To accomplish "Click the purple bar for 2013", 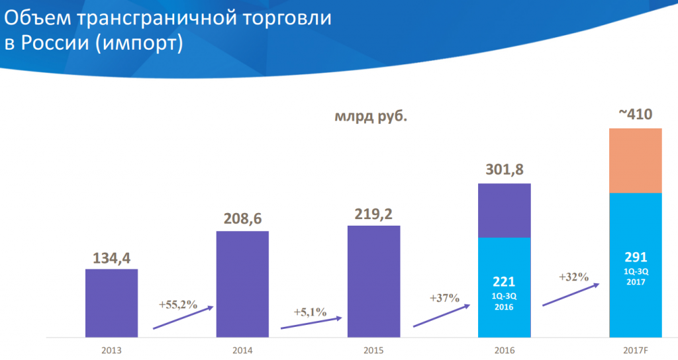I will pyautogui.click(x=111, y=302).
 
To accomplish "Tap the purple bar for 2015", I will pyautogui.click(x=373, y=281).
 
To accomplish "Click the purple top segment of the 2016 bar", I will pyautogui.click(x=504, y=210).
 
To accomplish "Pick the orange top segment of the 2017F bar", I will pyautogui.click(x=635, y=160).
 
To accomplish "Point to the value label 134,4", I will pyautogui.click(x=111, y=257).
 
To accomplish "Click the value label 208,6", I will pyautogui.click(x=242, y=219).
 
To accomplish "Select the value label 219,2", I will pyautogui.click(x=373, y=214).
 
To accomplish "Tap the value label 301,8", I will pyautogui.click(x=504, y=171).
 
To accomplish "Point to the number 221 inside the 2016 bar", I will pyautogui.click(x=504, y=281).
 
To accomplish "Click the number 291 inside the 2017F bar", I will pyautogui.click(x=635, y=257).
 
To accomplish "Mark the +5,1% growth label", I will pyautogui.click(x=310, y=312).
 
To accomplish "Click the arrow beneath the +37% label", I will pyautogui.click(x=441, y=315).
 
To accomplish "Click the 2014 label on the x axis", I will pyautogui.click(x=242, y=349).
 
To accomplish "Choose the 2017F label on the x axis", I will pyautogui.click(x=635, y=349).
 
